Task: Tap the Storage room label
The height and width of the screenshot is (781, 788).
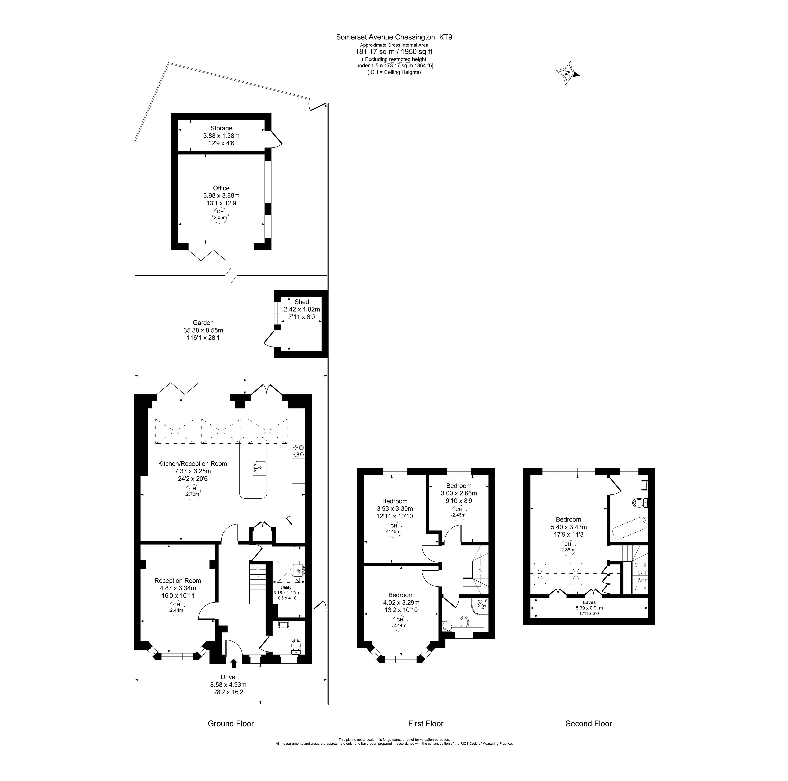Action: pyautogui.click(x=221, y=128)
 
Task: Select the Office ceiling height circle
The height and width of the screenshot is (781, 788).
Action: pyautogui.click(x=220, y=215)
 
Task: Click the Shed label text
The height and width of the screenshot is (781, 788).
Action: pyautogui.click(x=302, y=302)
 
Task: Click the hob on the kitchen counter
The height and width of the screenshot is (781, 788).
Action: pyautogui.click(x=298, y=451)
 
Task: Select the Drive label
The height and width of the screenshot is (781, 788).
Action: pyautogui.click(x=228, y=677)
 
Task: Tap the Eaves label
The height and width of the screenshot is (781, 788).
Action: pyautogui.click(x=589, y=602)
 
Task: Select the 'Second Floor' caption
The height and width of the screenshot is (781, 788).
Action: pyautogui.click(x=589, y=724)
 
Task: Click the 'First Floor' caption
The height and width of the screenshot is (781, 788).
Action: pyautogui.click(x=425, y=724)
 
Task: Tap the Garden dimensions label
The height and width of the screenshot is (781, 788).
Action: pyautogui.click(x=203, y=330)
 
